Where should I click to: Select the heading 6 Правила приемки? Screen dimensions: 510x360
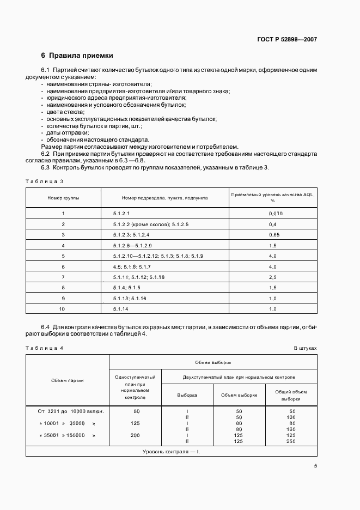coord(77,56)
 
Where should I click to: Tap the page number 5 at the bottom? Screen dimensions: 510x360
coord(315,466)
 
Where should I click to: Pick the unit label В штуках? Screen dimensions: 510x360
coord(305,348)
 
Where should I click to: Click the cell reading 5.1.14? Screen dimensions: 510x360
coord(120,308)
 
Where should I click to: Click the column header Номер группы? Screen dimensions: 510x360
coord(63,198)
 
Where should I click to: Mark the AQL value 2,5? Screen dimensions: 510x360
coord(273,277)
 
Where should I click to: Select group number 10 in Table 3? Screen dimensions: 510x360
coord(63,308)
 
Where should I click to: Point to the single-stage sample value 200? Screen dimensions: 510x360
coord(136,435)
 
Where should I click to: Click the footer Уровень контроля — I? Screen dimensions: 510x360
coord(171,452)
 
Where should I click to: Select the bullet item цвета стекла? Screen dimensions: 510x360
coord(62,111)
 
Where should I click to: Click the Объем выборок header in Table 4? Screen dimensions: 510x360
coord(213,362)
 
